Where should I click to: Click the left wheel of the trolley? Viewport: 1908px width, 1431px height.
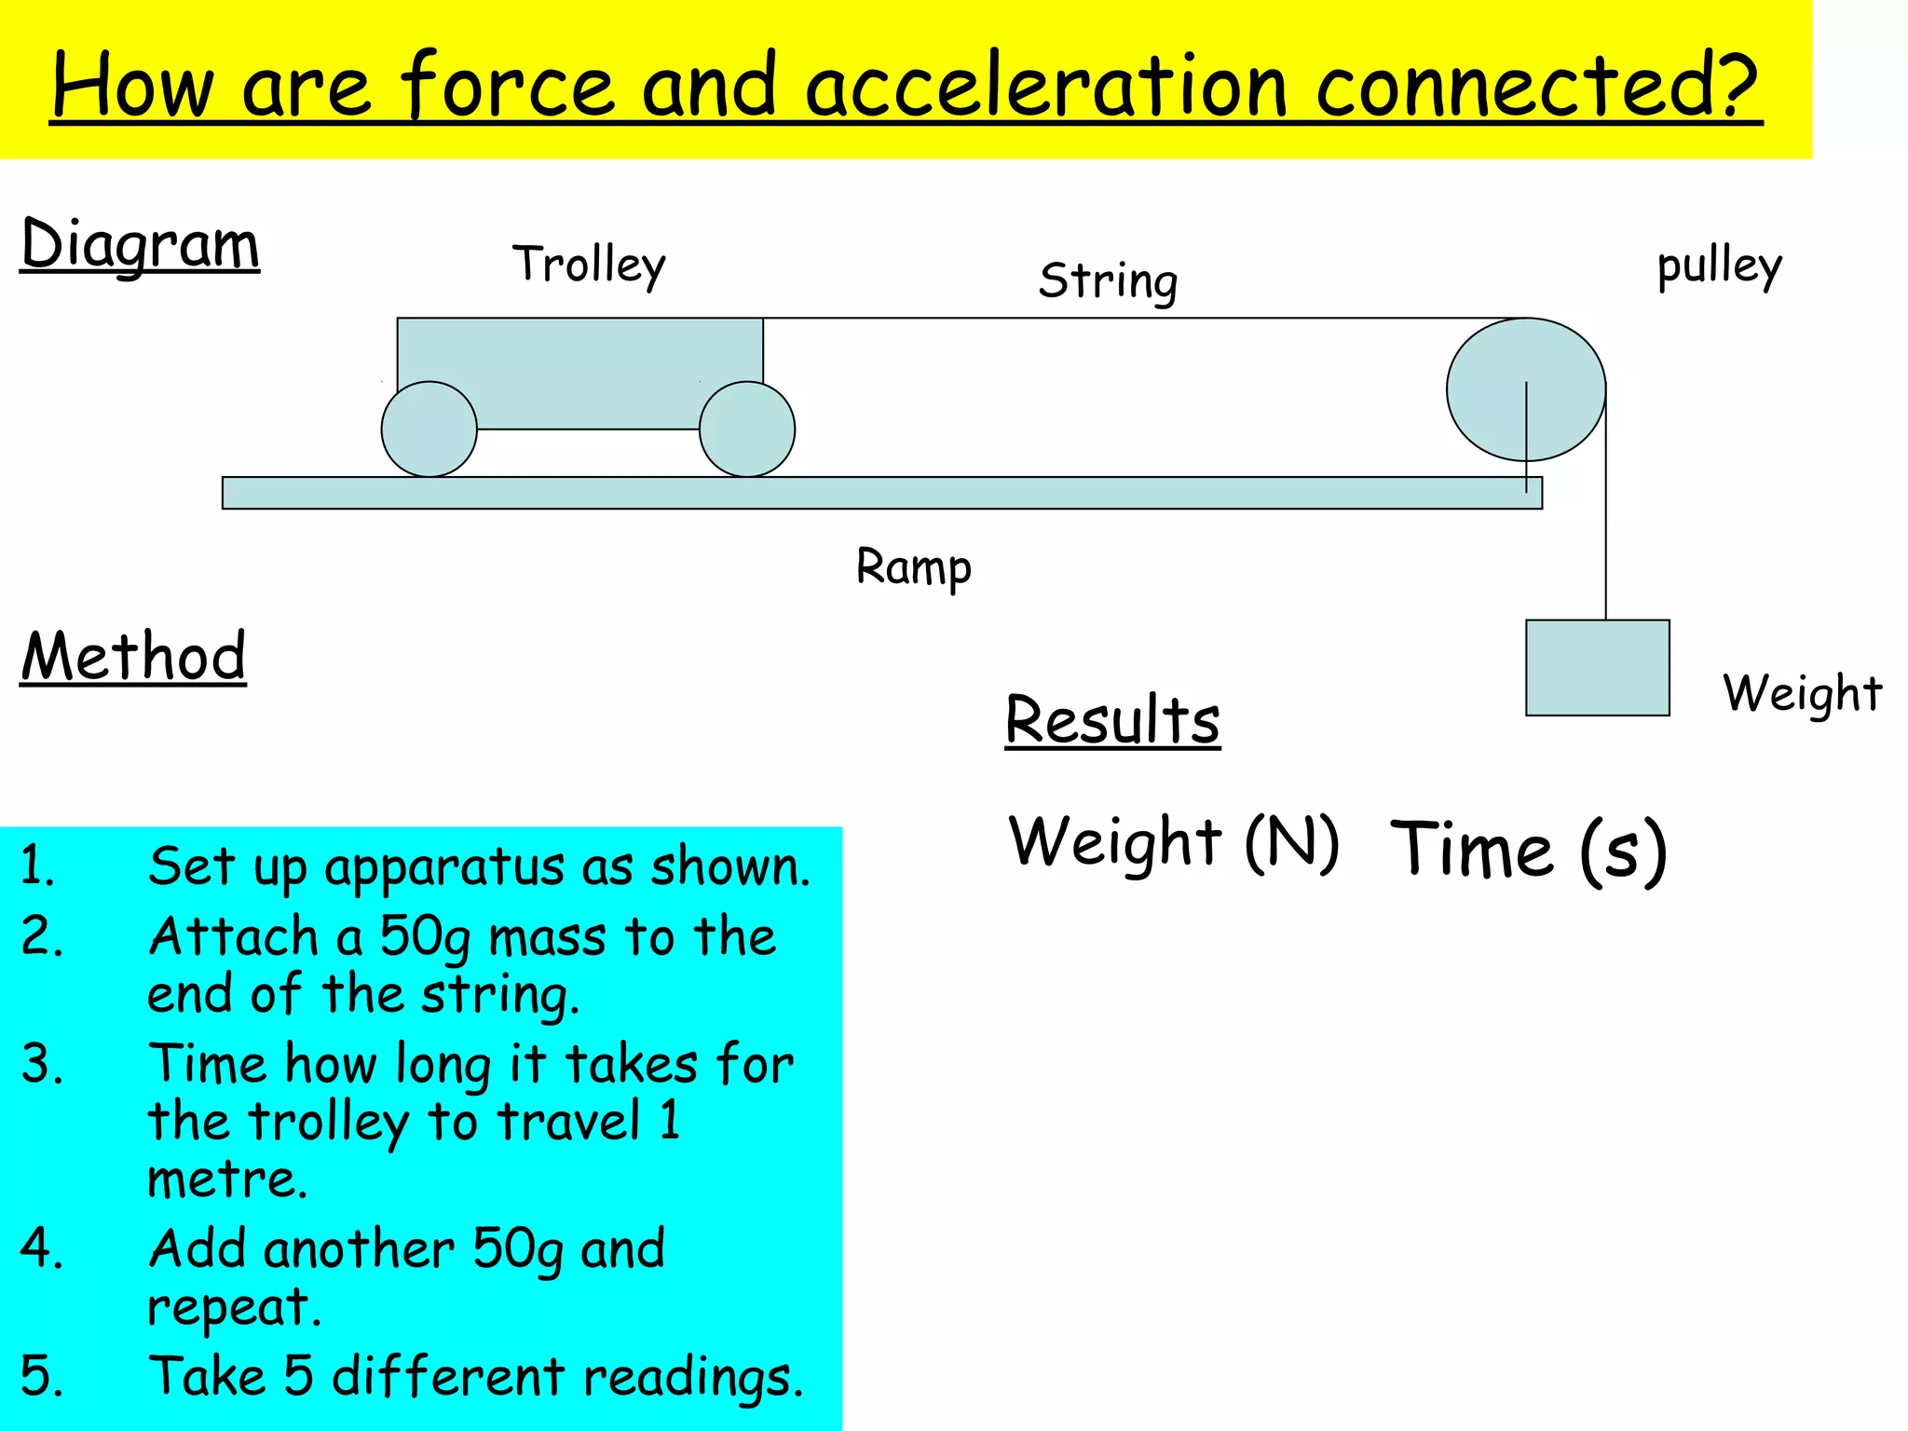(429, 429)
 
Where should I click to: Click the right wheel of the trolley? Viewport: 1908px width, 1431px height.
(747, 429)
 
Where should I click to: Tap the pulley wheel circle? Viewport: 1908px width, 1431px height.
(1525, 389)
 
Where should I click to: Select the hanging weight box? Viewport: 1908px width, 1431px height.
(1597, 668)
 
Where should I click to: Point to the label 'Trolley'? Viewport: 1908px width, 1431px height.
(589, 265)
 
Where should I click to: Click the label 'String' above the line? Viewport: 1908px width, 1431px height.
(1108, 281)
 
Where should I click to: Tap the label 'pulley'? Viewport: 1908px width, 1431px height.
(1719, 266)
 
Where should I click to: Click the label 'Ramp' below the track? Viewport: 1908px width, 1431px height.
(913, 567)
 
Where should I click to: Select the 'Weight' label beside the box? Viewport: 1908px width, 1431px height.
(1802, 694)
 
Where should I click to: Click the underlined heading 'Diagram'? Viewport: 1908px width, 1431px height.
(140, 245)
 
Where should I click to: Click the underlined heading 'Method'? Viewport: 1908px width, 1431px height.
(133, 657)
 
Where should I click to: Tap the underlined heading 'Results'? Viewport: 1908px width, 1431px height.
(1112, 719)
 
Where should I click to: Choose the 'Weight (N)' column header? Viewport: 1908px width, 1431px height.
(1173, 842)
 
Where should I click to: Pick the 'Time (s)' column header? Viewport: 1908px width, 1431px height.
(1528, 850)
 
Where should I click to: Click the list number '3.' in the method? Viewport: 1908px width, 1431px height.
(41, 1064)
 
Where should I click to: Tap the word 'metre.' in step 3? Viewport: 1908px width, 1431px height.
(227, 1179)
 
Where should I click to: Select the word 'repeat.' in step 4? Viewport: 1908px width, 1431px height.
(234, 1306)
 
